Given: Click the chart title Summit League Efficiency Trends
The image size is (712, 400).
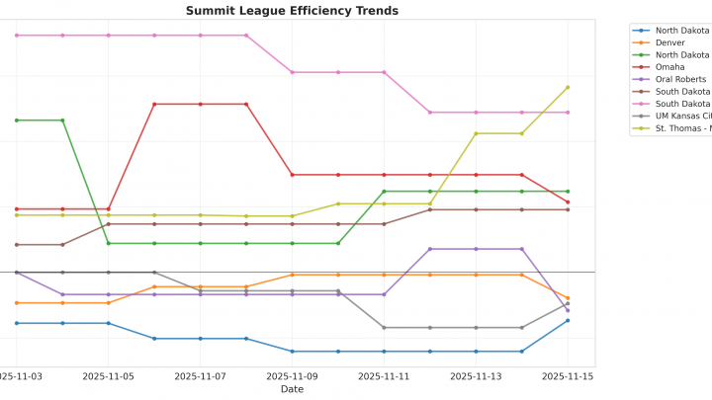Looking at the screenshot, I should tap(292, 11).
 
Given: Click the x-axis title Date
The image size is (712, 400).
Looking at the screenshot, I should tap(292, 389).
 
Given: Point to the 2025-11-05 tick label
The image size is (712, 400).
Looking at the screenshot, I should tap(109, 376).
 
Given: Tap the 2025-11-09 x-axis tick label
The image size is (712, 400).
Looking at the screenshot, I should tap(292, 376).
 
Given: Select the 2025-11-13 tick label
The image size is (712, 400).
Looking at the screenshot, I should tap(476, 376).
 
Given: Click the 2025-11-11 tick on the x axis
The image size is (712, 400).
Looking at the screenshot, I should tap(384, 376).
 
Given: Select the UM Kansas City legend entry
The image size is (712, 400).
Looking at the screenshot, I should tap(682, 116).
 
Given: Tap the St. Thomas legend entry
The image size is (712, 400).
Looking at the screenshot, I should tap(682, 128).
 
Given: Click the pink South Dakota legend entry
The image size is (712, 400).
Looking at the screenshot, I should tap(682, 104).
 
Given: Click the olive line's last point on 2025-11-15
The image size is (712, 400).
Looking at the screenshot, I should tap(568, 87).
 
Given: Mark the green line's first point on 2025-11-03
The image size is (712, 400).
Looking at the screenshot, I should tap(17, 120).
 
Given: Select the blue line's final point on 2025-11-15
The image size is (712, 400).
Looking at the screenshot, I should tap(568, 320).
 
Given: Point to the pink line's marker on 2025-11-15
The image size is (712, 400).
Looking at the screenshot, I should tap(568, 113).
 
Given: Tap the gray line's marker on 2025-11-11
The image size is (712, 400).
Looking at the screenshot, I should tap(384, 327).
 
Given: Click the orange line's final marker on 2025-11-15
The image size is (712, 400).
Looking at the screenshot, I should tap(568, 297).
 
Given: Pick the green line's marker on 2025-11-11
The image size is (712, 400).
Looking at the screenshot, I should tap(384, 192).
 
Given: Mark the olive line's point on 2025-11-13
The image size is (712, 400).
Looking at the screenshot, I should tap(476, 133).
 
